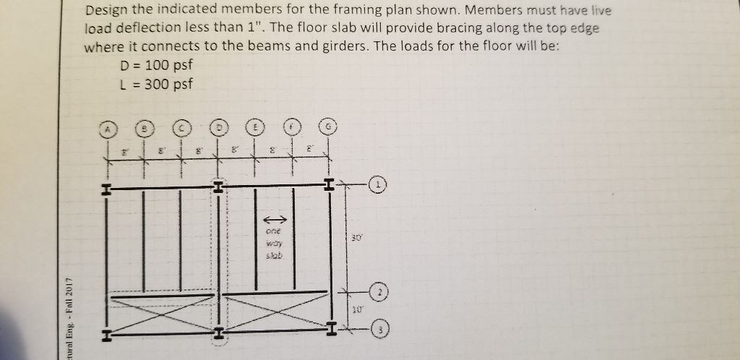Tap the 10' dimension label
[x=356, y=309]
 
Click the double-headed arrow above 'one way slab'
[x=274, y=219]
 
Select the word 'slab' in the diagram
[x=275, y=257]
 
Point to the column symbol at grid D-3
[x=218, y=334]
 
